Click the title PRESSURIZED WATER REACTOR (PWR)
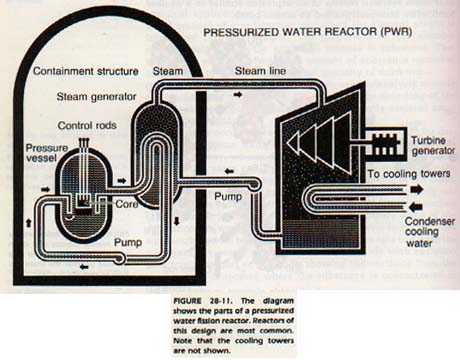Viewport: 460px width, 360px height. point(308,32)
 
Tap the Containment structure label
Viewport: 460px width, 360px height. point(86,71)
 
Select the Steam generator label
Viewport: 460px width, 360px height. point(96,97)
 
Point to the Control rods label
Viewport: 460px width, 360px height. point(87,125)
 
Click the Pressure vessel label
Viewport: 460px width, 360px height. point(47,153)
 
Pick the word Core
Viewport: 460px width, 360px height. point(127,204)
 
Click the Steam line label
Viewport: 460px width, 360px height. point(260,71)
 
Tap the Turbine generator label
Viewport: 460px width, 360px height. point(433,146)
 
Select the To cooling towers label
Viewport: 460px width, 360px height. point(409,174)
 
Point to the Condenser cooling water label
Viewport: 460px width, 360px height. point(430,232)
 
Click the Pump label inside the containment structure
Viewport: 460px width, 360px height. point(128,242)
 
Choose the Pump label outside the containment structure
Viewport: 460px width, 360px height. point(228,196)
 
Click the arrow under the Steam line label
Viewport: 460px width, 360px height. point(238,95)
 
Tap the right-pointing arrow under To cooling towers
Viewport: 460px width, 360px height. point(416,190)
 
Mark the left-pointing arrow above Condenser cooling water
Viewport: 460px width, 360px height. point(416,207)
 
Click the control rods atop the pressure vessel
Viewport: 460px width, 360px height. point(84,143)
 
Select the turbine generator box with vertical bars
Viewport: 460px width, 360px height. point(385,145)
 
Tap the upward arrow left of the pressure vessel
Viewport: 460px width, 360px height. point(28,223)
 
